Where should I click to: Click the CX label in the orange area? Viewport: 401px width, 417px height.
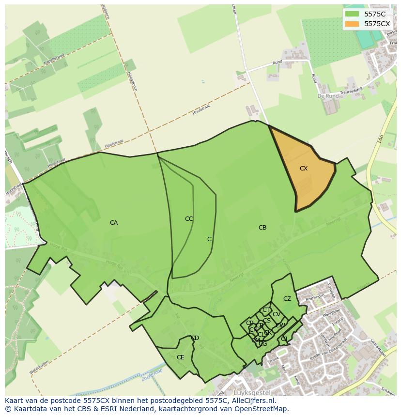pos(304,169)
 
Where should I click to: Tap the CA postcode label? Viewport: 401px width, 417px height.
pos(114,223)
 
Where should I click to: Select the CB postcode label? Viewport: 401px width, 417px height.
pos(262,228)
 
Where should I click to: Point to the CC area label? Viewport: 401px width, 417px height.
pos(189,219)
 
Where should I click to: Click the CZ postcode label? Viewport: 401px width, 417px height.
pos(287,299)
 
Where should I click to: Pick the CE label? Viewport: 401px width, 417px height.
pos(180,357)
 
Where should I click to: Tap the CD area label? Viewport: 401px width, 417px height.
pos(195,338)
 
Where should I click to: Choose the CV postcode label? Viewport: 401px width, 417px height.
pos(276,314)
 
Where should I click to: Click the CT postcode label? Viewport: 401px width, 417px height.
pos(266,310)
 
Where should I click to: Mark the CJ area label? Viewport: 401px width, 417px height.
pos(284,339)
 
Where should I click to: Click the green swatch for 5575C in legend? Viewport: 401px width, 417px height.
pos(352,14)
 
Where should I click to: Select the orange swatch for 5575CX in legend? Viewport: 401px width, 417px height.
pos(352,23)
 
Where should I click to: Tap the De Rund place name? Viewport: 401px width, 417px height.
pos(328,96)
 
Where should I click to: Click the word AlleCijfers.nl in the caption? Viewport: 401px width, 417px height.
pos(252,401)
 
